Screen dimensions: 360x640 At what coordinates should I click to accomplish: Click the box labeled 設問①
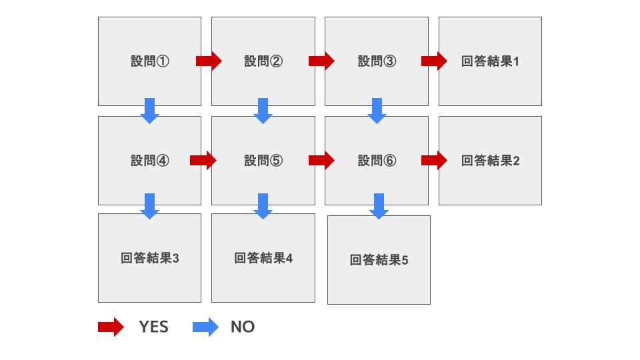tap(149, 61)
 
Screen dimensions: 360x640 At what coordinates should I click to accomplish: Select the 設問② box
tap(263, 61)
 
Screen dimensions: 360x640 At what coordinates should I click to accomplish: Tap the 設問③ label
tap(377, 61)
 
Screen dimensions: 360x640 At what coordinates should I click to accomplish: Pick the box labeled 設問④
tap(149, 161)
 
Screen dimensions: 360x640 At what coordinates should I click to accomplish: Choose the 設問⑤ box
tap(263, 161)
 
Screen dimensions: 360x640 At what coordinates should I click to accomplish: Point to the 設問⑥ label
tap(377, 161)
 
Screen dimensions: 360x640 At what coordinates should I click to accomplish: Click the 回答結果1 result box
tap(490, 61)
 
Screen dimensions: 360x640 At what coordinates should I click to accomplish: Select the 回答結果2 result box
tap(490, 161)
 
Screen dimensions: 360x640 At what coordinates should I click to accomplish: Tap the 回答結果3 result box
tap(149, 258)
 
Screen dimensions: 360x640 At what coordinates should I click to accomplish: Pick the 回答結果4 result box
tap(263, 258)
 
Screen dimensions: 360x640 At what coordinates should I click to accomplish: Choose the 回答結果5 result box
tap(379, 260)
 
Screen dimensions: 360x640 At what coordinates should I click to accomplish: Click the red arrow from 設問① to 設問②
tap(209, 61)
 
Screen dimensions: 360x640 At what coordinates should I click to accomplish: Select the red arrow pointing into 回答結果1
tap(434, 61)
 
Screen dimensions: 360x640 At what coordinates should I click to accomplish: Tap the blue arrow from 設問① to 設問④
tap(149, 111)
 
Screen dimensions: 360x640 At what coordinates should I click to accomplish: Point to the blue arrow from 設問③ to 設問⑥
tap(377, 111)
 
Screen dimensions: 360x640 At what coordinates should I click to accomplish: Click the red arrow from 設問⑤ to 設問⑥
tap(321, 160)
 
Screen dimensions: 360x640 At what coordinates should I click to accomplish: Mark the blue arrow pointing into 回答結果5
tap(379, 206)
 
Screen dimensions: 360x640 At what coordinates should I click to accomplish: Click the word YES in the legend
tap(153, 327)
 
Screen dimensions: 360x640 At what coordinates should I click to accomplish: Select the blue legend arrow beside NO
tap(205, 327)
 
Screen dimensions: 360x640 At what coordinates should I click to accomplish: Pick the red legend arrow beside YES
tap(111, 327)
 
